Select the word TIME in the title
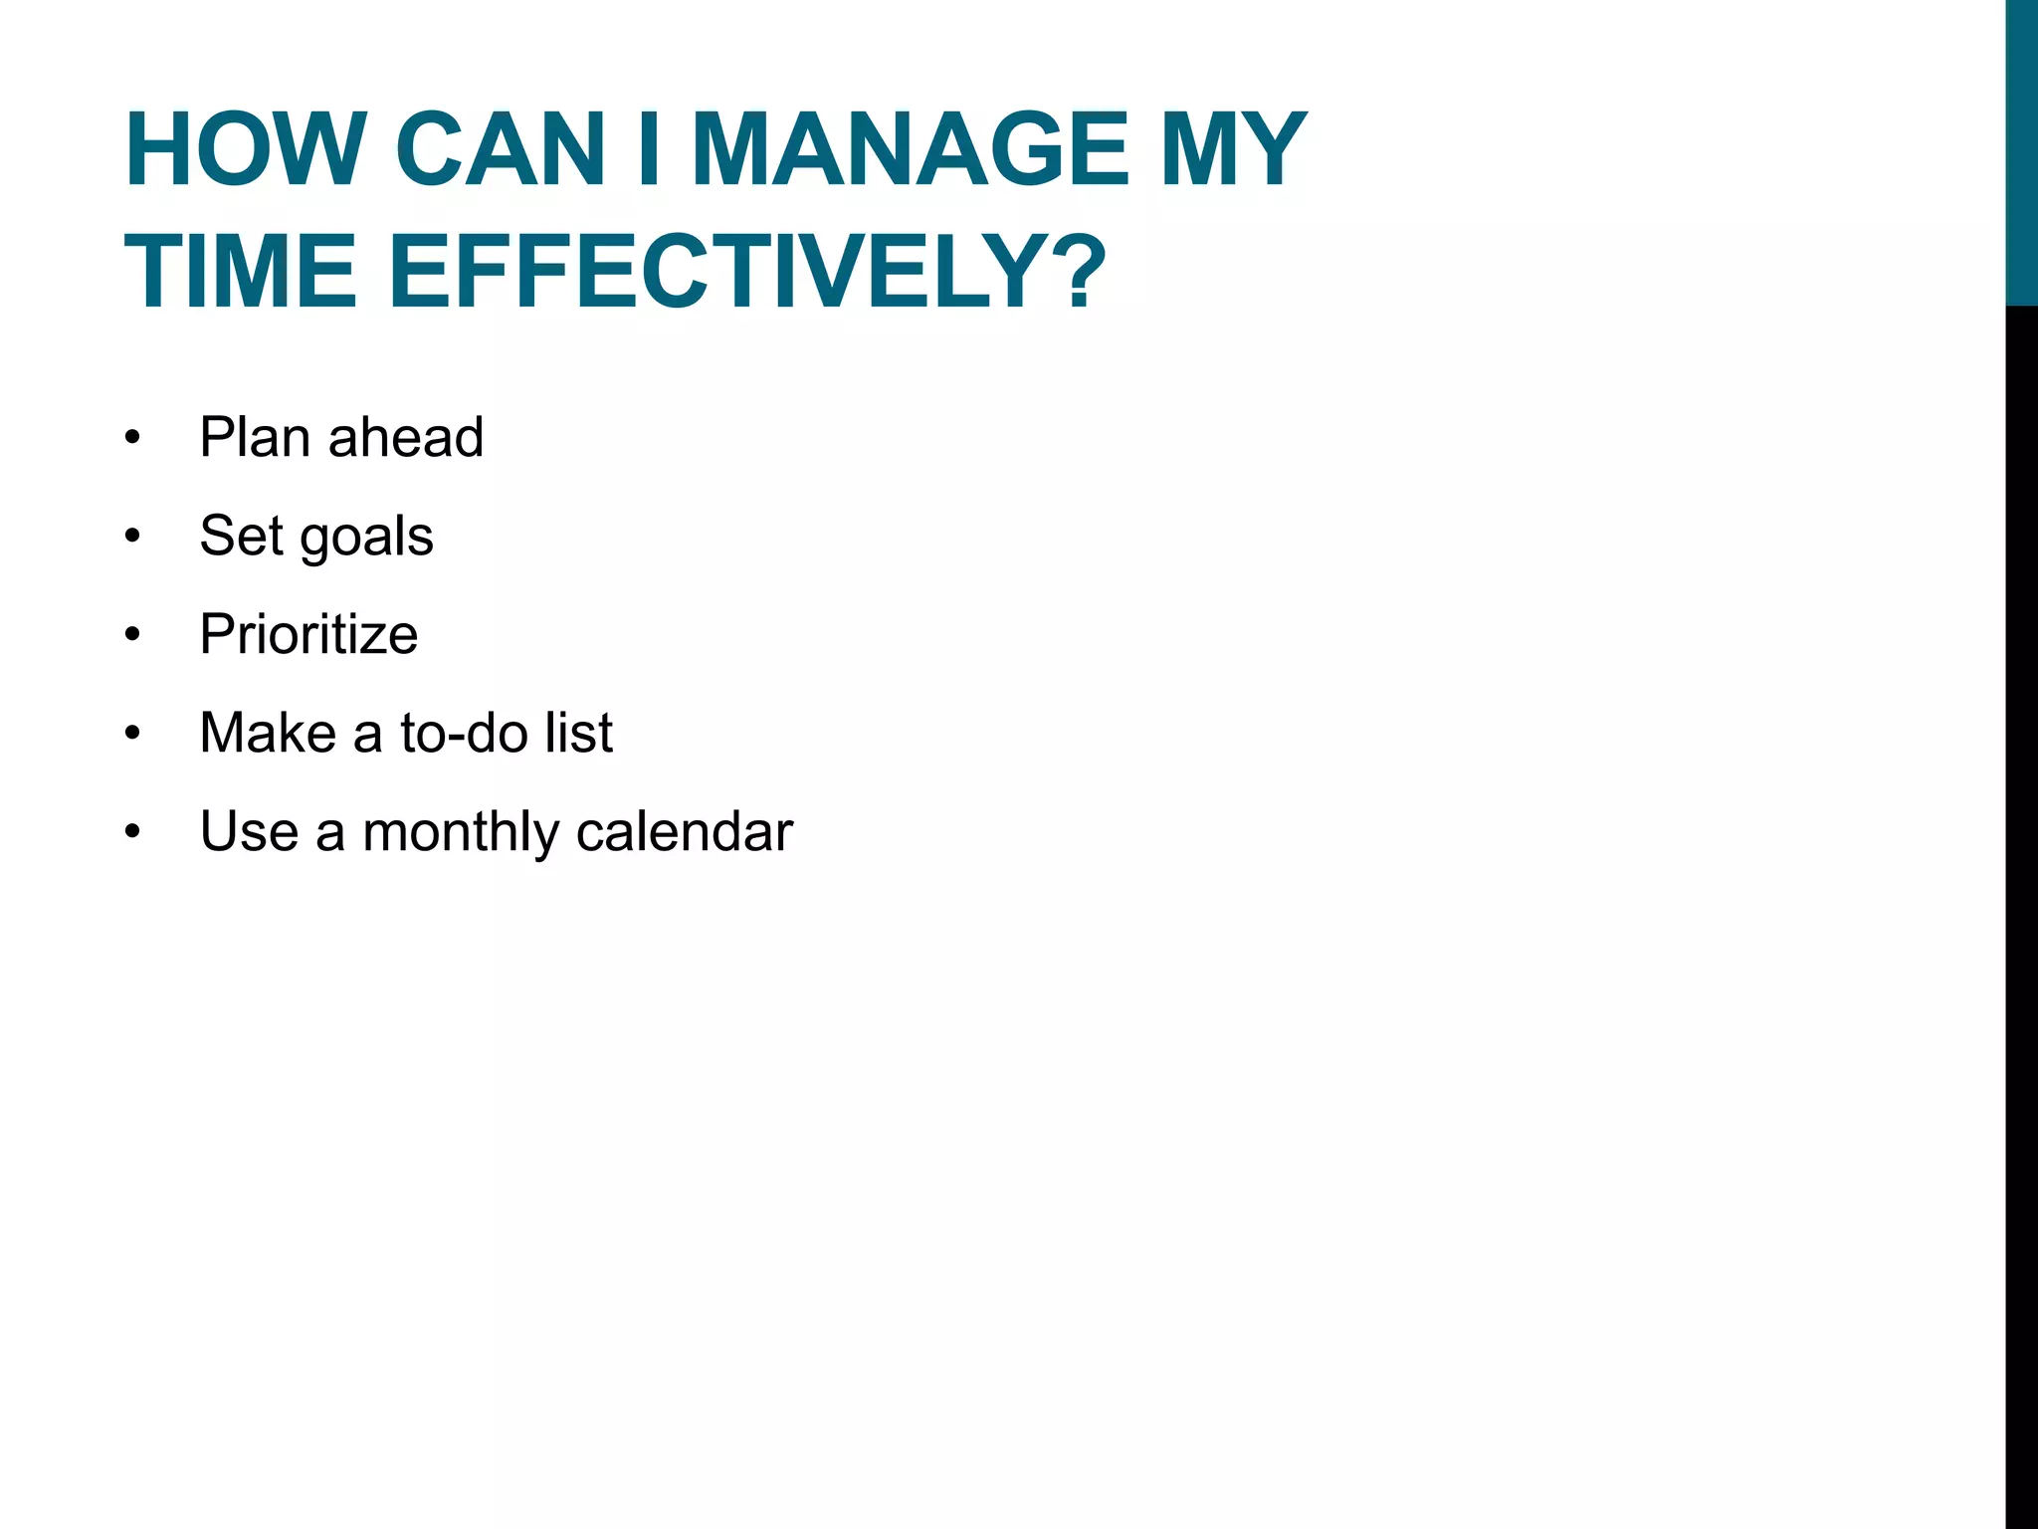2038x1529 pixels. (x=240, y=271)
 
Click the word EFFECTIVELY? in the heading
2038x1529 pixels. (x=746, y=271)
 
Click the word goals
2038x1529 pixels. (x=366, y=538)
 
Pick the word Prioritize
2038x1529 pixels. (x=308, y=634)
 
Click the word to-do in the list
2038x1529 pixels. (x=464, y=733)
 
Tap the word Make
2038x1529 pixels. (x=268, y=733)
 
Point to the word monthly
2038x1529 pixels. (x=460, y=832)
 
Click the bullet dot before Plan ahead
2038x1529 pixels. (x=133, y=439)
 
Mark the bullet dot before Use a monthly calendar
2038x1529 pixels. (x=133, y=833)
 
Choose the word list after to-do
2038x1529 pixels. (x=578, y=733)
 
